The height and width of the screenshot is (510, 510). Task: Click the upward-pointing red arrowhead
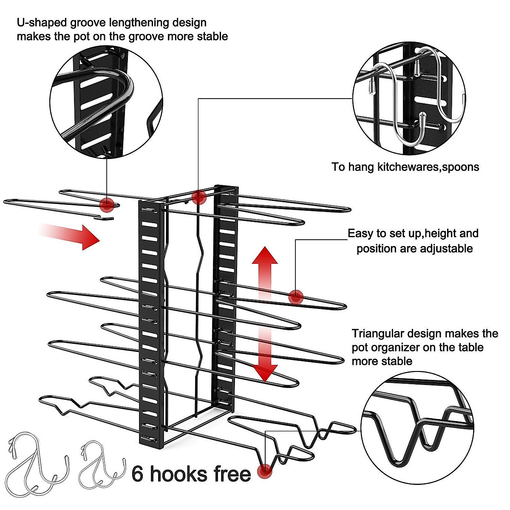[x=265, y=256]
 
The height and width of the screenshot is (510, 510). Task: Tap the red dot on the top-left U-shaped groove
[x=107, y=204]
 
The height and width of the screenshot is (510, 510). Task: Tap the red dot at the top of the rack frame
[x=198, y=197]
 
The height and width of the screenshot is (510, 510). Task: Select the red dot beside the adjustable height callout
[x=296, y=297]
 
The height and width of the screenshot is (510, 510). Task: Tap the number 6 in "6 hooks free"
[x=137, y=474]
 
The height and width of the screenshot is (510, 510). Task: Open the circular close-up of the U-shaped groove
[x=107, y=102]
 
